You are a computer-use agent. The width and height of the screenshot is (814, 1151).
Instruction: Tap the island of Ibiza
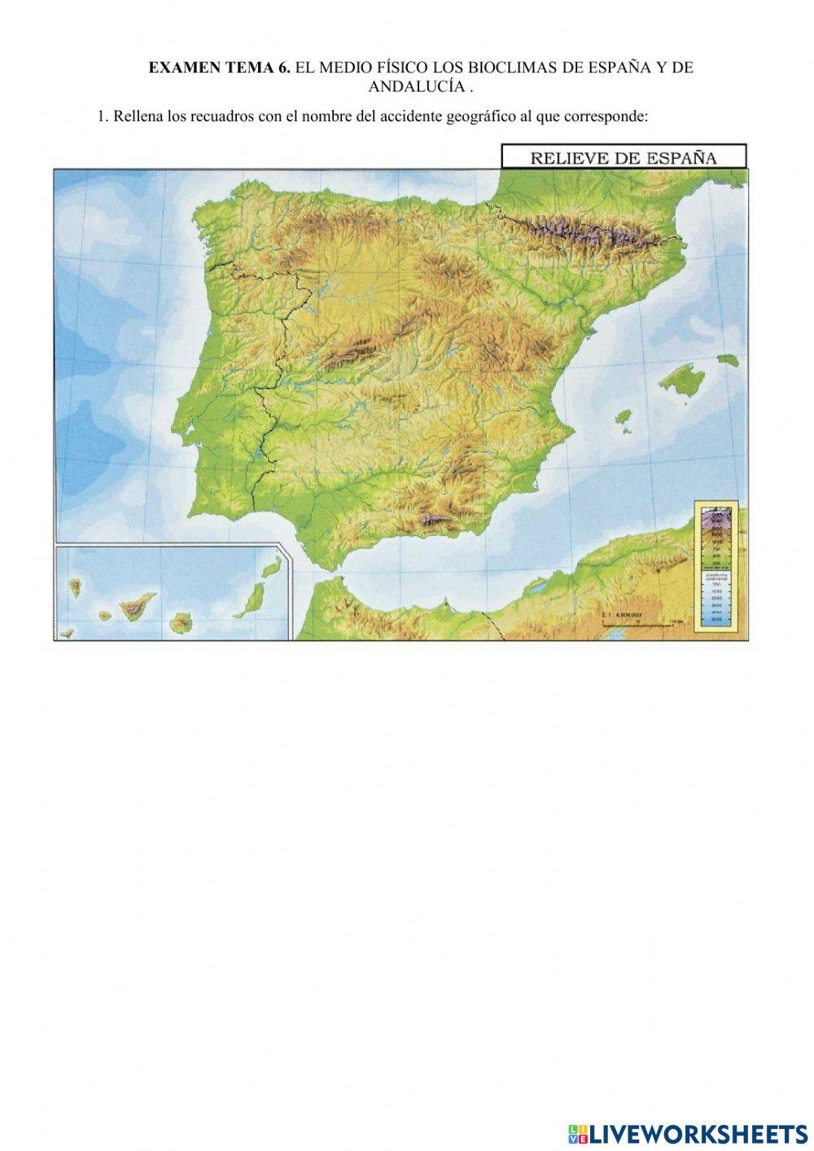[624, 421]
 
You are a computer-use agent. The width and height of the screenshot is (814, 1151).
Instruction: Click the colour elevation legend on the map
[717, 566]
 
